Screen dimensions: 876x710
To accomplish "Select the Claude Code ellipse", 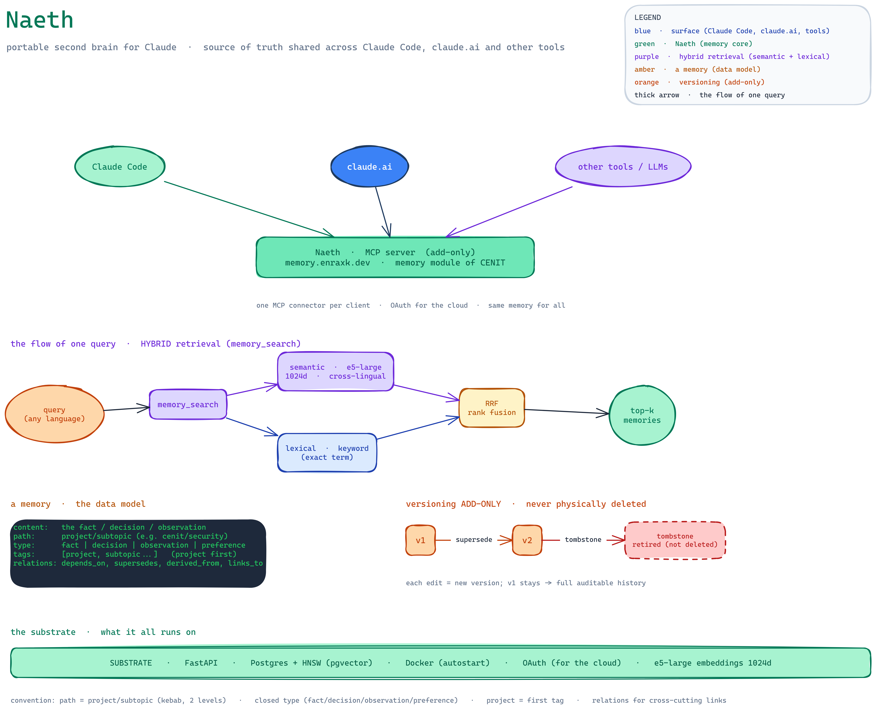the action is tap(120, 166).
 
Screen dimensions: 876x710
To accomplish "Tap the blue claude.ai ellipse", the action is tap(369, 166).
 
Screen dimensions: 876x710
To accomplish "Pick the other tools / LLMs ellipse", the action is tap(623, 166).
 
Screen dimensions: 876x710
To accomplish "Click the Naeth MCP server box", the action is tap(395, 257).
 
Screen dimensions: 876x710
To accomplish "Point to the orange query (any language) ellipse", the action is tap(54, 414).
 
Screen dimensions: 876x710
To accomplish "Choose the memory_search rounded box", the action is tap(188, 405).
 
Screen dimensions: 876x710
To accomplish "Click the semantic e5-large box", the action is tap(335, 371).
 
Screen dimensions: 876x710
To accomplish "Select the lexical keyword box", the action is tap(327, 453).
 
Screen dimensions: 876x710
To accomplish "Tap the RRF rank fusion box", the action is tap(492, 408).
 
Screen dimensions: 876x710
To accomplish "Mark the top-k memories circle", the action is tap(642, 415).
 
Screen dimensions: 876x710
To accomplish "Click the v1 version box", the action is tap(420, 540).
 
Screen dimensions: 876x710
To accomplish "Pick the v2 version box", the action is tap(527, 540).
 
